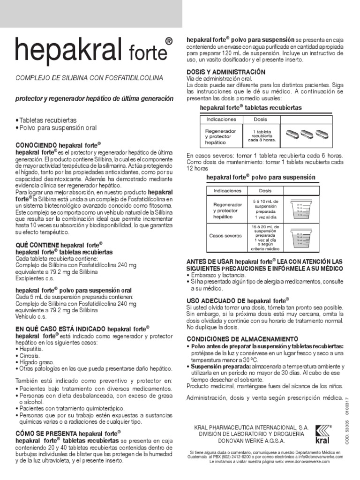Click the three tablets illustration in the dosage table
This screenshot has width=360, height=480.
(x=307, y=134)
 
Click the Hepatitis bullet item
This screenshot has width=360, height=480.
(x=30, y=350)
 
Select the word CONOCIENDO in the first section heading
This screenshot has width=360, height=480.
(x=37, y=146)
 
